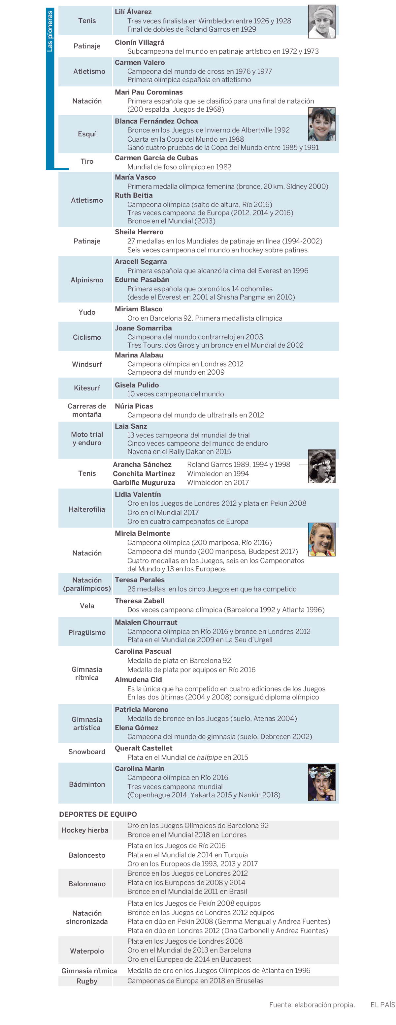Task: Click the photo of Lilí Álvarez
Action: point(321,21)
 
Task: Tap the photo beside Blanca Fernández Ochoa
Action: point(321,124)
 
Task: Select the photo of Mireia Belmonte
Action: point(321,539)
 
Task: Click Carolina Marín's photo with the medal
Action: point(321,782)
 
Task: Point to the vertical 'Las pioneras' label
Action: point(50,31)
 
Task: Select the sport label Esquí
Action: point(87,134)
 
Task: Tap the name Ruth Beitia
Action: point(133,195)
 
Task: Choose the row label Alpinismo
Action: point(87,280)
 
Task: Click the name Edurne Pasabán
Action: point(142,280)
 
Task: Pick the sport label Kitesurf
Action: point(87,388)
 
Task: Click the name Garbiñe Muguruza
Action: point(144,483)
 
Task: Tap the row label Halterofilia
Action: point(87,509)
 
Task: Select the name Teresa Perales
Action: point(140,580)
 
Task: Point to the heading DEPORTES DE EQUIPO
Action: point(98,814)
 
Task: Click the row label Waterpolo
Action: point(87,951)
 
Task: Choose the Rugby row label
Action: point(87,981)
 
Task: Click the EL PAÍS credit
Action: point(382,1005)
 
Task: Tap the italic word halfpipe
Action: point(209,757)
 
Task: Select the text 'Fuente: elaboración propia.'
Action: point(312,1005)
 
